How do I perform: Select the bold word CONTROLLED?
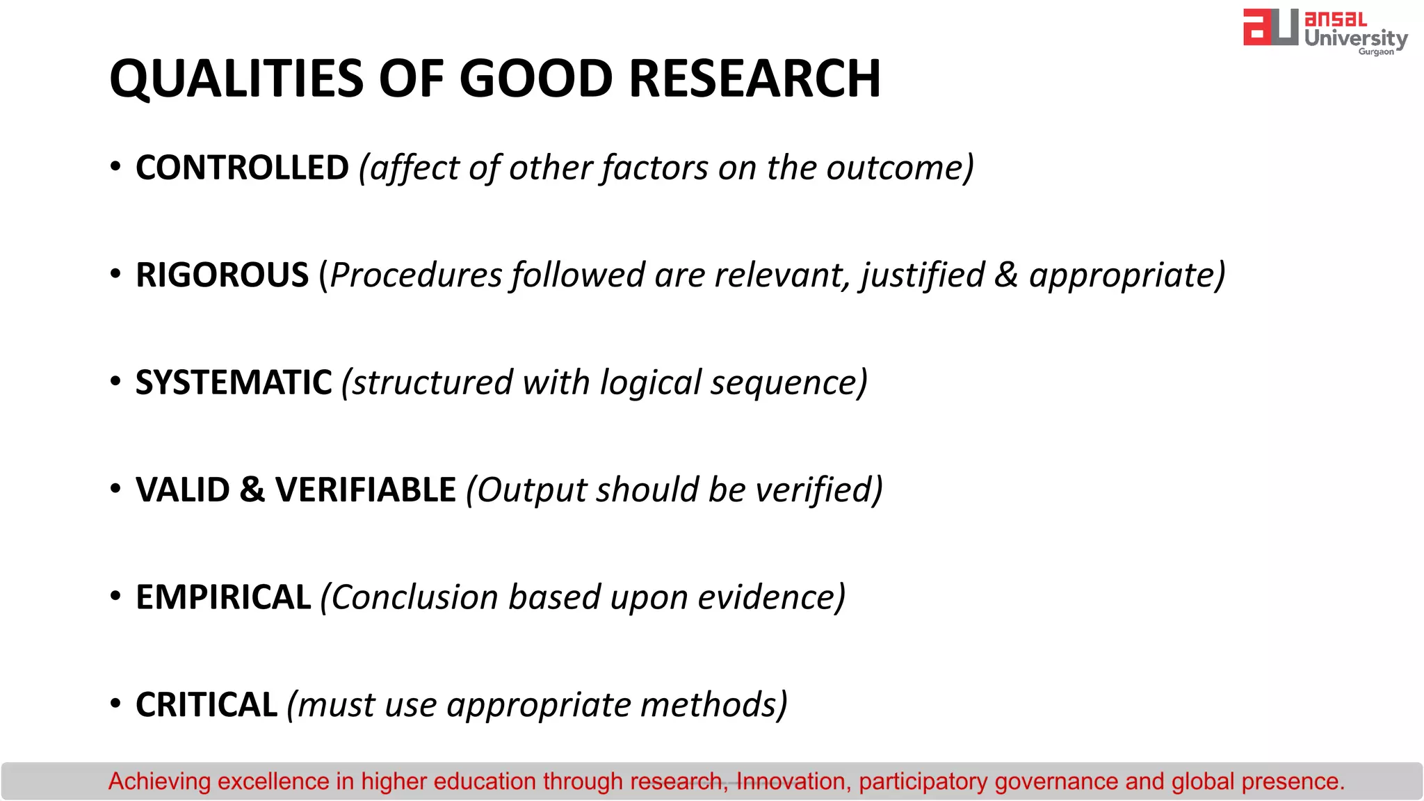click(x=242, y=168)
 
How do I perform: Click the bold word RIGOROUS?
click(x=222, y=275)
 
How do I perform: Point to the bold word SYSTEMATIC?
click(x=234, y=382)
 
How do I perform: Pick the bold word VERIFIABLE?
click(x=366, y=489)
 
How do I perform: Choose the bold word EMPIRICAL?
click(x=223, y=597)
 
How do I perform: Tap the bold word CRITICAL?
click(x=207, y=704)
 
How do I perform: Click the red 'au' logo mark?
click(x=1270, y=28)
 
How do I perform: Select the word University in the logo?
click(x=1355, y=38)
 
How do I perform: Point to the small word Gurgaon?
click(x=1376, y=51)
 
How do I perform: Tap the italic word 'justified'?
click(x=922, y=275)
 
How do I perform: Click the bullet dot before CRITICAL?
click(x=115, y=703)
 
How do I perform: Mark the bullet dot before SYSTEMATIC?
click(x=115, y=381)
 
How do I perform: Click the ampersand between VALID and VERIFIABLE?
click(x=252, y=489)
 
